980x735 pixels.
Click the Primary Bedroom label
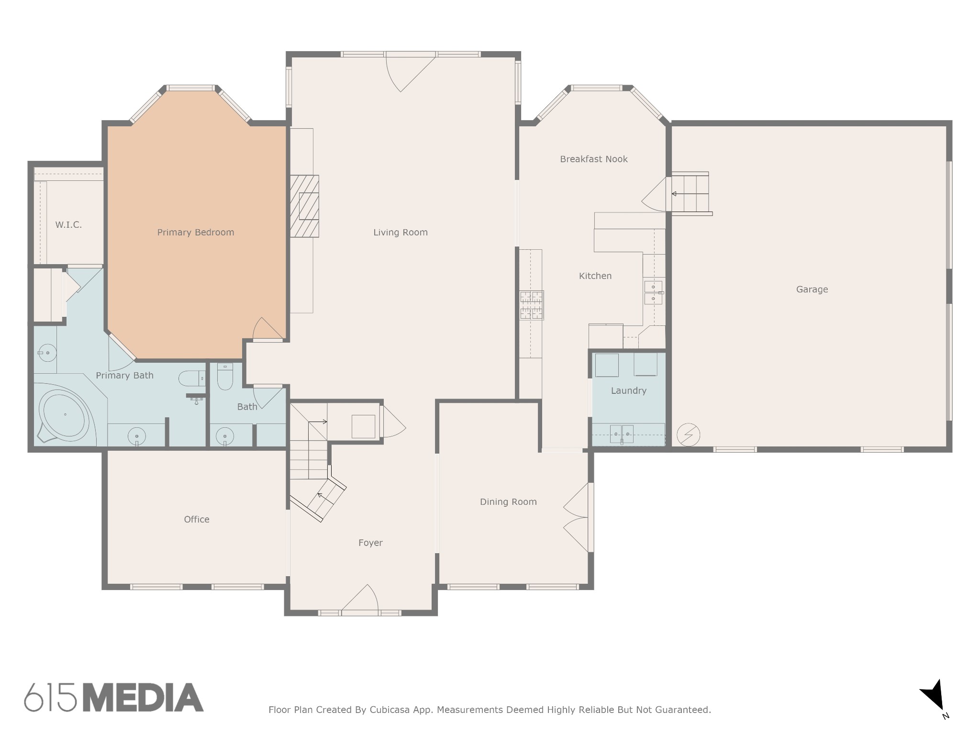coord(196,233)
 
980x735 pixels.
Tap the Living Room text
coord(401,233)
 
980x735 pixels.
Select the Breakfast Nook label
coord(594,159)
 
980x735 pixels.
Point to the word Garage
coord(812,290)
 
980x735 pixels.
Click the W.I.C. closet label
coord(68,225)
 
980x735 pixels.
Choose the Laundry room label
coord(629,391)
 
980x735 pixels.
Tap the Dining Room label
coord(508,502)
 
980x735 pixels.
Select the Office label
coord(197,520)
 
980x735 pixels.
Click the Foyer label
coord(370,543)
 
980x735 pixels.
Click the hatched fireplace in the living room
coord(304,206)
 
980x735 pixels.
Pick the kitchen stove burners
coord(532,305)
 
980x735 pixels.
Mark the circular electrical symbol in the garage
coord(689,435)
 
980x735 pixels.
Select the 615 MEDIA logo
coord(114,697)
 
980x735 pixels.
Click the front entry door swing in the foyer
coord(360,598)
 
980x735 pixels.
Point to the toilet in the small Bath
coord(225,377)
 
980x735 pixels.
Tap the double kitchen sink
coord(653,293)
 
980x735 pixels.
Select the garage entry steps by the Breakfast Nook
coord(690,193)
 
